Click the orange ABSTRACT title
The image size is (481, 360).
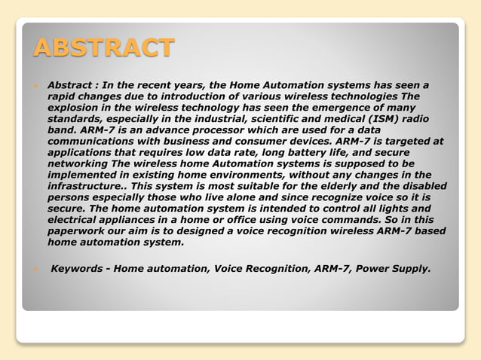[104, 48]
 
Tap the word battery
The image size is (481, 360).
[311, 151]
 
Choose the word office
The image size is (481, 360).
[263, 218]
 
